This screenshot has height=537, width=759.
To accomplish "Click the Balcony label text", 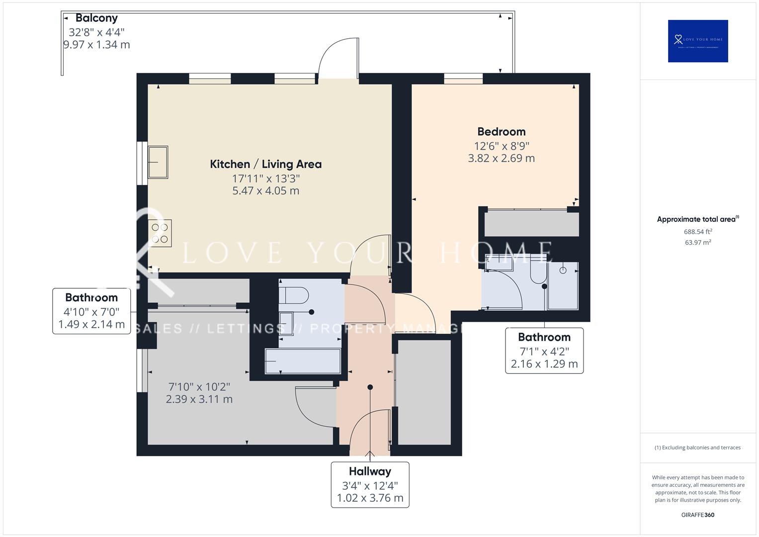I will coord(96,18).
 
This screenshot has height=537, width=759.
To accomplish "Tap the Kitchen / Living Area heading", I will coord(265,164).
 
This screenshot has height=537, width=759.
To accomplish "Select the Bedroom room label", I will coord(501,132).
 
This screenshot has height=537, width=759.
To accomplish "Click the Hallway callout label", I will coord(370,471).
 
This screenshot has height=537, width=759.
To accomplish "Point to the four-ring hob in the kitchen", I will coord(160,233).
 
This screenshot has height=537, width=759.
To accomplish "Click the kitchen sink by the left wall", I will coord(158,162).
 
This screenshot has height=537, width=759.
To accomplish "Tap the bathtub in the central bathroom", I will coord(303,361).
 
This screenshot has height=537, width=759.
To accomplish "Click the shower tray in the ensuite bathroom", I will coord(563,286).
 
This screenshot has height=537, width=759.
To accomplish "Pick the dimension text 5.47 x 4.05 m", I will coord(265,191).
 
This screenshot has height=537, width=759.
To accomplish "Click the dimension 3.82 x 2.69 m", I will coord(501,159).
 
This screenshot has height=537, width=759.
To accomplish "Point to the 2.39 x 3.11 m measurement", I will coord(199,399).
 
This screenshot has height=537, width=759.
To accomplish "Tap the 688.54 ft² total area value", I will coord(698,232).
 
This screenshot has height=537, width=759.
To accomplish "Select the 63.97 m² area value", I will coord(698,243).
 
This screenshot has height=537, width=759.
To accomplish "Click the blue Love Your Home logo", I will coord(698,41).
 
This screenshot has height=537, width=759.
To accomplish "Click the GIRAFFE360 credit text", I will coord(698,515).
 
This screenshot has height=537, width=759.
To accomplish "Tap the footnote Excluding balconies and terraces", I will coord(698,447).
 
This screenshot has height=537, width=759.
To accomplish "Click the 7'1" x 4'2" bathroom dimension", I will coord(544,352).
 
